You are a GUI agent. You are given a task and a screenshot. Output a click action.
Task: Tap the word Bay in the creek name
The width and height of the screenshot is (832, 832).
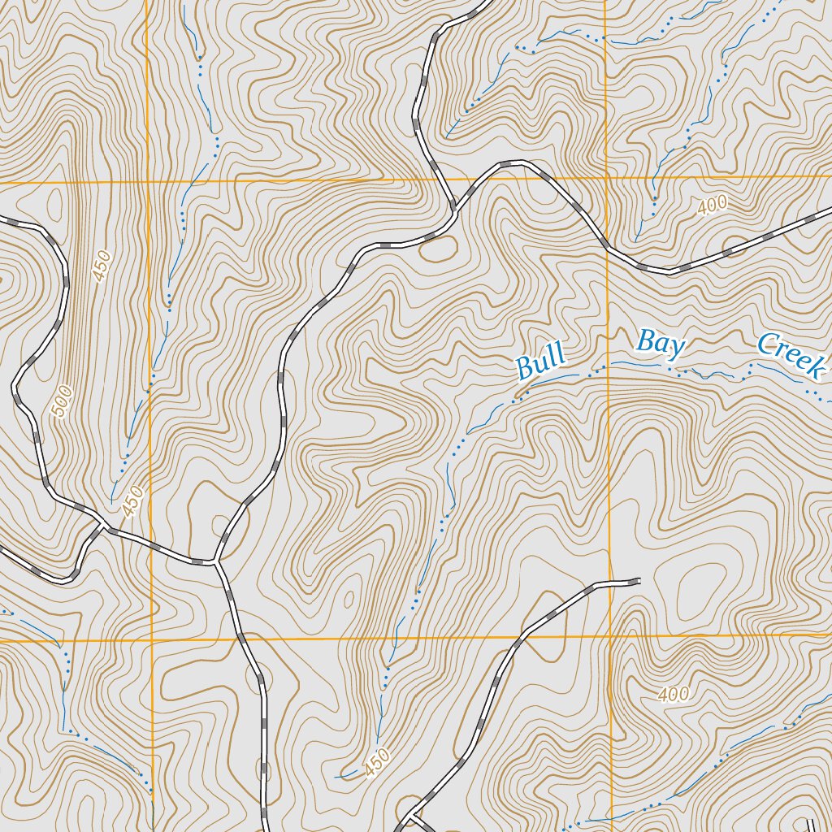661,343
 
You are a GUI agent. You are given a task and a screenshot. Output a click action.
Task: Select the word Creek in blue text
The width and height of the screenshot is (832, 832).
791,354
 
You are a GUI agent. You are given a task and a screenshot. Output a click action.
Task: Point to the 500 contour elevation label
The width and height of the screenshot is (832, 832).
63,401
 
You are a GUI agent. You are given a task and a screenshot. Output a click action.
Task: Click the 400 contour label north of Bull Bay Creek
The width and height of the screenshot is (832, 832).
712,206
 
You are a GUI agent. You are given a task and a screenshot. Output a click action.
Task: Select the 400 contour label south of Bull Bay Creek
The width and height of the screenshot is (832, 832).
674,695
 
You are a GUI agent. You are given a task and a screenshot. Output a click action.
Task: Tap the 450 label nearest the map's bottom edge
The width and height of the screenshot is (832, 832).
378,761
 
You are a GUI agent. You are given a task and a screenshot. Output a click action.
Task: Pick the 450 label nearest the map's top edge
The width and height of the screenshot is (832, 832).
101,267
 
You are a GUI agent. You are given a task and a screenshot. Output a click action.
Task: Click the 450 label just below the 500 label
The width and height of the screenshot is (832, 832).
132,501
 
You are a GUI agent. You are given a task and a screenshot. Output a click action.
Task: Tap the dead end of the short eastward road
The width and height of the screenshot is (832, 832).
639,580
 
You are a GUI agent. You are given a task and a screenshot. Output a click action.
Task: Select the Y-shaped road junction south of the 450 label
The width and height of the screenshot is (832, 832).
217,561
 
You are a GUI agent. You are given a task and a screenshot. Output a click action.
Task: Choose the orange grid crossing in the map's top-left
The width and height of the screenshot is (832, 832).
148,183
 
